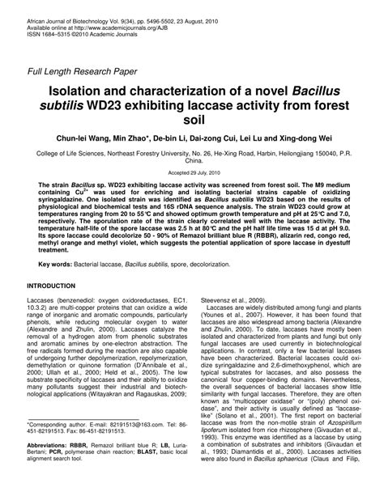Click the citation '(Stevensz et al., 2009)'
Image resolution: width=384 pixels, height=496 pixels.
point(237,299)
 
